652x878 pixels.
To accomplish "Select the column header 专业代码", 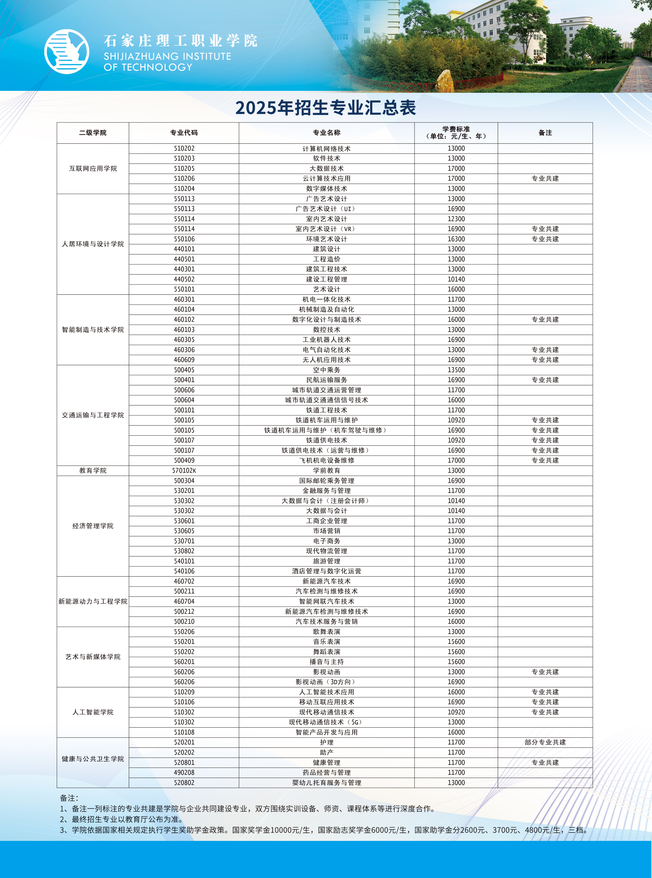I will (184, 133).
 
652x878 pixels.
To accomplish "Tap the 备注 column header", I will (545, 133).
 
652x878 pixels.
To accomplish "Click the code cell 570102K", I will (184, 470).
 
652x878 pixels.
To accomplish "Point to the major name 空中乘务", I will (326, 370).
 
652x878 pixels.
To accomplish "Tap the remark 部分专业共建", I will (545, 742).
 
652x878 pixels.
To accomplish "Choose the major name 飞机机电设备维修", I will (326, 460).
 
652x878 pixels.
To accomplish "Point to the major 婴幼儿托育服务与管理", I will (326, 782).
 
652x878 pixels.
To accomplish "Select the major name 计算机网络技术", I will (326, 148).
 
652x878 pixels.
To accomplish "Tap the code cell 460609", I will (184, 360).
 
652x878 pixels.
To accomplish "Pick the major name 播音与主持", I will (326, 662).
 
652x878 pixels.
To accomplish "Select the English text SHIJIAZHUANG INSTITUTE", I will (167, 56).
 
